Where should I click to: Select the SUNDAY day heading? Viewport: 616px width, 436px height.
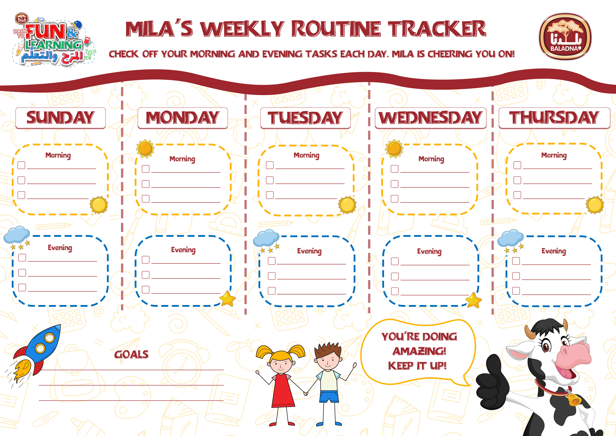[60, 118]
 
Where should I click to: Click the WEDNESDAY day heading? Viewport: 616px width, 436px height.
[430, 118]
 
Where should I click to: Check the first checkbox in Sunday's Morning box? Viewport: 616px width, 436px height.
[21, 165]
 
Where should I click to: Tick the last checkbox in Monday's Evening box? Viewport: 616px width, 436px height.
[145, 290]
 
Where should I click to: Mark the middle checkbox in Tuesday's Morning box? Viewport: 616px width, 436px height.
[270, 180]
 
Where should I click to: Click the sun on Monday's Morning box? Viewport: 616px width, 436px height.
[145, 149]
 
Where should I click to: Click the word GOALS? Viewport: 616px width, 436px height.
[131, 355]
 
